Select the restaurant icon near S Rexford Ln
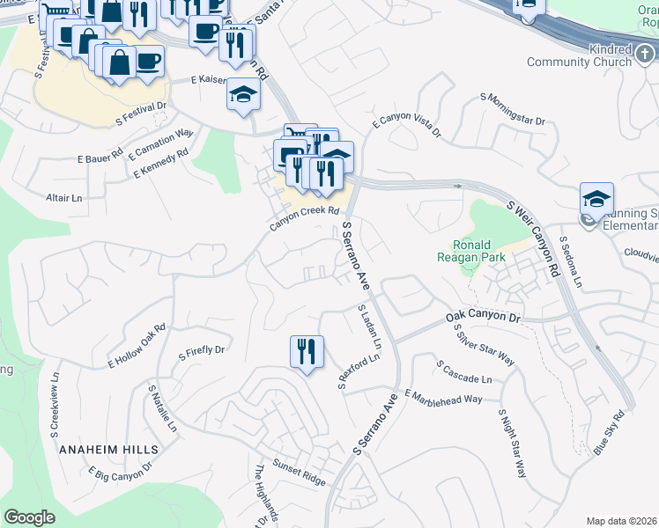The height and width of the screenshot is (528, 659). pyautogui.click(x=307, y=352)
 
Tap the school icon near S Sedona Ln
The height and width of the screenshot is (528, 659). pyautogui.click(x=596, y=199)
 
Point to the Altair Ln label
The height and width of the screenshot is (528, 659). pyautogui.click(x=64, y=198)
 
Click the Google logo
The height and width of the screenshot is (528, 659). pyautogui.click(x=30, y=517)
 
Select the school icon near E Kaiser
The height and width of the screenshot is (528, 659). pyautogui.click(x=243, y=94)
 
